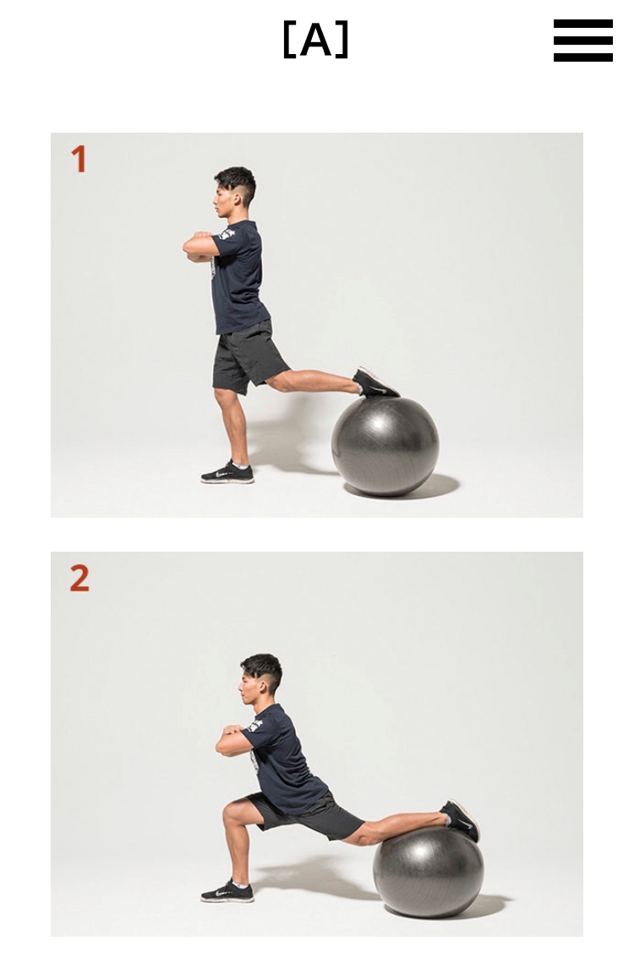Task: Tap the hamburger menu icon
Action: (582, 41)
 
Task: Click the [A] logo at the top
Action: (315, 40)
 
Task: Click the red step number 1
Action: (79, 159)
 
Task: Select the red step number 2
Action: (79, 578)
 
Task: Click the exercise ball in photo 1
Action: (385, 445)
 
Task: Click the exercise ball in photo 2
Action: (428, 872)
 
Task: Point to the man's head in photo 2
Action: (260, 679)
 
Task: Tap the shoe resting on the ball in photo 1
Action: (376, 383)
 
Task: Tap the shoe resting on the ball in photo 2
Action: (461, 820)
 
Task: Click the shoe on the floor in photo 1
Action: (227, 473)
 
